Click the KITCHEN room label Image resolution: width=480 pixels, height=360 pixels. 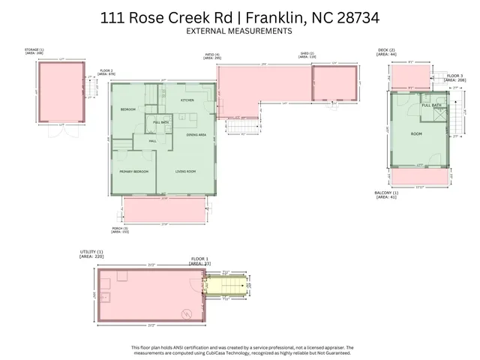point(187,100)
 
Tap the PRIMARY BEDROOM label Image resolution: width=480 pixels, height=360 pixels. point(133,172)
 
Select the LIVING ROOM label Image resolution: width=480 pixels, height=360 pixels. point(185,172)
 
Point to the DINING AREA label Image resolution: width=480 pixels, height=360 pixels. point(196,134)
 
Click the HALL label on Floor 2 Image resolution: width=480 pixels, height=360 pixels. point(151,140)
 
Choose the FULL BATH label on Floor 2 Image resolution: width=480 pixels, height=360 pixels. point(160,122)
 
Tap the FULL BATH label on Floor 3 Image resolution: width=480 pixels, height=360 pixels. point(431,106)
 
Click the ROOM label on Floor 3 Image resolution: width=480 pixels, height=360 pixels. point(416,134)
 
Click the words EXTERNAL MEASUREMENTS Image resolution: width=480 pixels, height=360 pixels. point(238,31)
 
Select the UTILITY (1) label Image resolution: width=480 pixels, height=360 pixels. point(90,252)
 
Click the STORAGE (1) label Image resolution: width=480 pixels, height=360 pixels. point(34,49)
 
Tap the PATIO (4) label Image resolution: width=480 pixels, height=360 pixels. point(212,54)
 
